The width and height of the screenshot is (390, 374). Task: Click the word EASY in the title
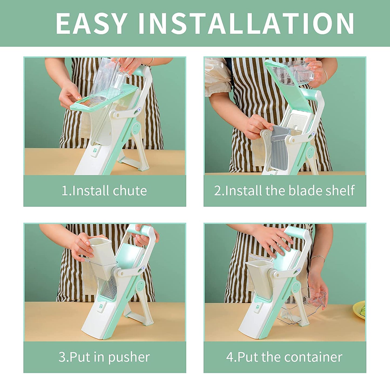pos(91,23)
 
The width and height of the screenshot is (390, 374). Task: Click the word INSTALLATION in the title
pos(246,23)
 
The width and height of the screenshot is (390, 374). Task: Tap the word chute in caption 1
pos(130,191)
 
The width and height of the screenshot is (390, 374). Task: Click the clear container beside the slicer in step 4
pos(303,305)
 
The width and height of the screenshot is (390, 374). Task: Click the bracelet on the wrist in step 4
pos(318,258)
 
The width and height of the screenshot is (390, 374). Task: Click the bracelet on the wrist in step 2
pos(326,76)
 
